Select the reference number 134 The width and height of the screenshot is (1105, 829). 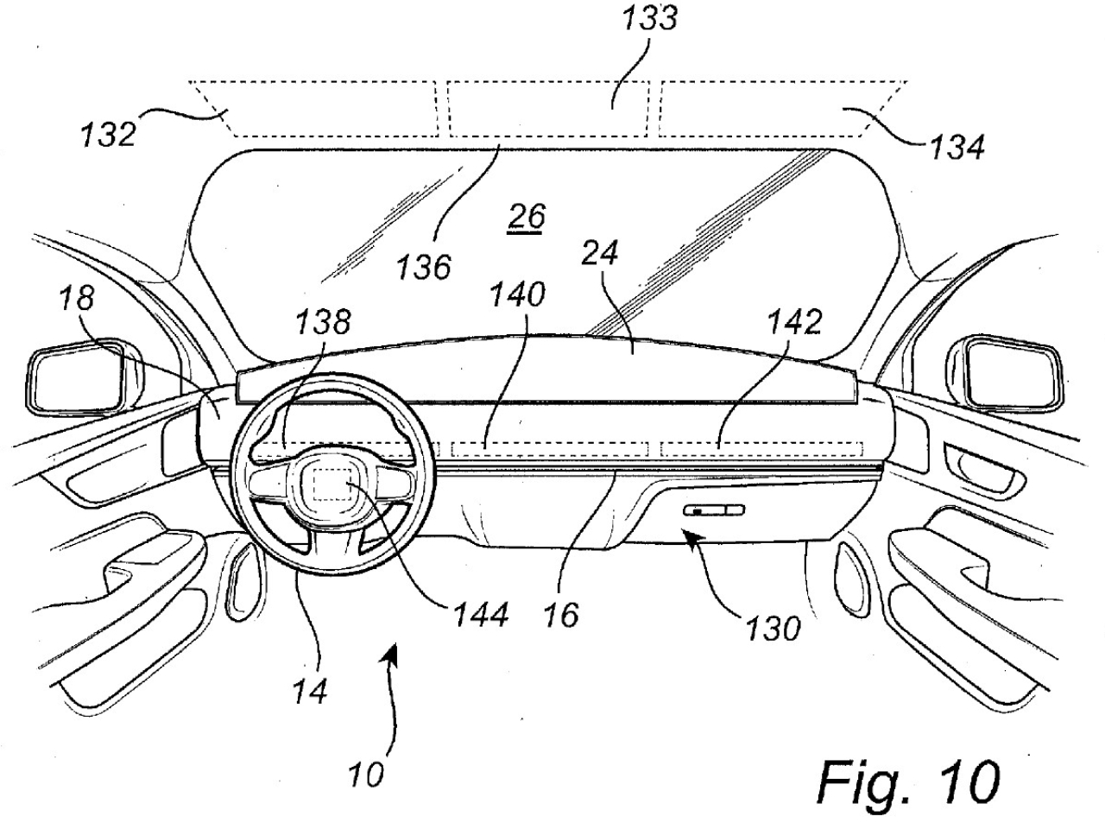point(956,147)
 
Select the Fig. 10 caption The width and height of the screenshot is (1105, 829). point(908,782)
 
